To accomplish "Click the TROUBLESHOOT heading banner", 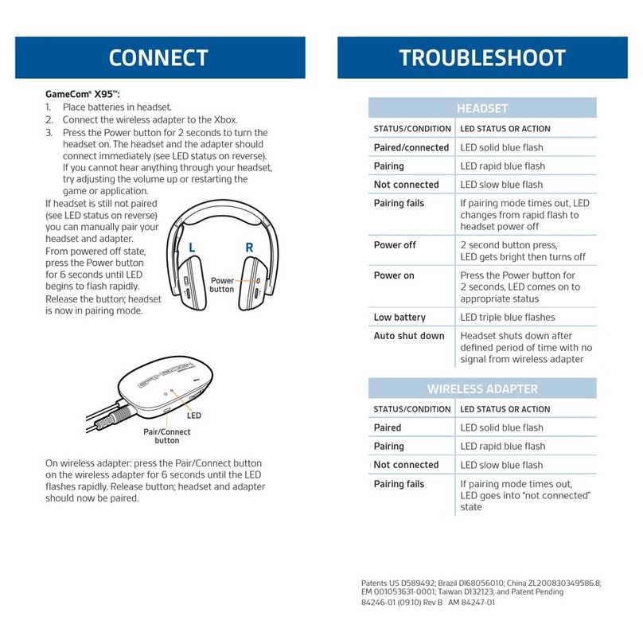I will pyautogui.click(x=482, y=58).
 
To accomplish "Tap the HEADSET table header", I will pyautogui.click(x=482, y=108).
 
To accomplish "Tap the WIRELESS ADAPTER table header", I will pyautogui.click(x=482, y=389).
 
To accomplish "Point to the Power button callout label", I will pyautogui.click(x=222, y=285).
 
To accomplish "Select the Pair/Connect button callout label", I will pyautogui.click(x=167, y=436).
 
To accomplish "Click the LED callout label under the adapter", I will pyautogui.click(x=194, y=416).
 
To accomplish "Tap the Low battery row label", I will pyautogui.click(x=399, y=318).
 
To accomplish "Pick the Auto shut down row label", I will pyautogui.click(x=409, y=336).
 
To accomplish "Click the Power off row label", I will pyautogui.click(x=395, y=245).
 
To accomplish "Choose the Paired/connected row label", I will pyautogui.click(x=411, y=147).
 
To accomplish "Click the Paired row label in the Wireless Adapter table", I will pyautogui.click(x=389, y=427).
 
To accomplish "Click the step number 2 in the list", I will pyautogui.click(x=49, y=120).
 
